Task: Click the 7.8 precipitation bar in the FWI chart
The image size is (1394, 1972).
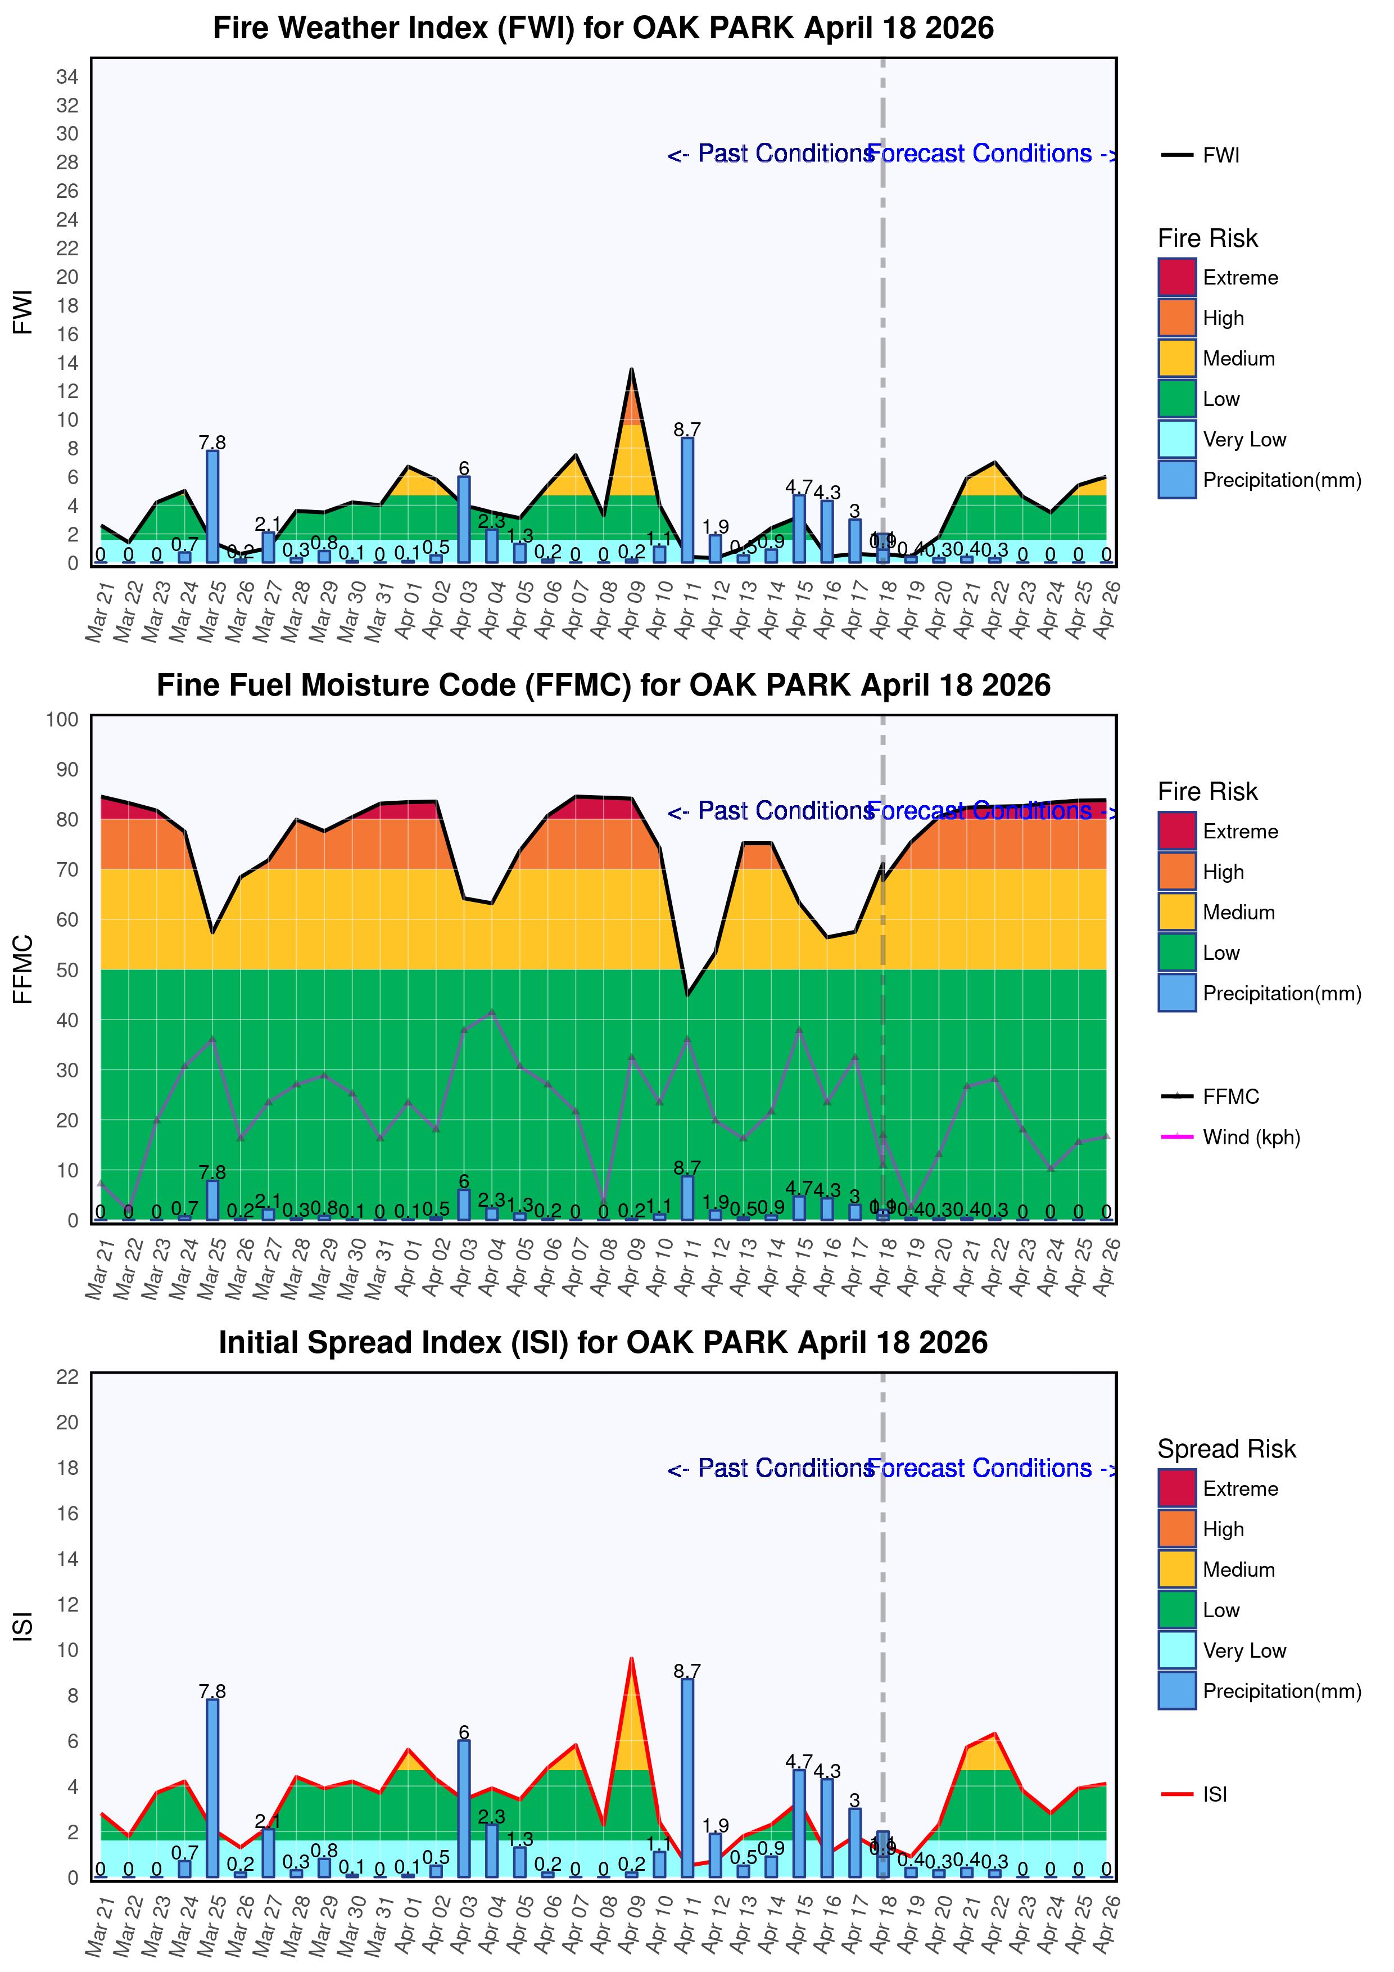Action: point(212,507)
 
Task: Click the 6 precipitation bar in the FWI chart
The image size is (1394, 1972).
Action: point(464,520)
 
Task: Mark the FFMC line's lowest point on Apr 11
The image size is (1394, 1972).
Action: point(687,995)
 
